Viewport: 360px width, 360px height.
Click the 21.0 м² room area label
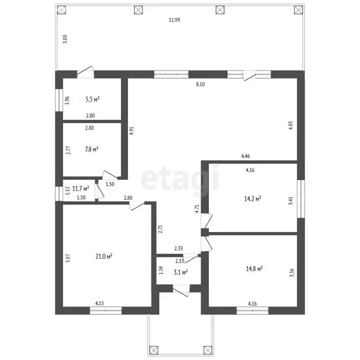click(x=104, y=256)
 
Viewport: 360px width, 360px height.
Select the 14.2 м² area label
click(x=253, y=198)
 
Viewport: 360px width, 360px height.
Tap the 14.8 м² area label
click(x=254, y=269)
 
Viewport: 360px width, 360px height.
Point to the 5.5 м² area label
click(x=92, y=99)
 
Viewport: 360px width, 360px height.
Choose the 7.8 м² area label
click(x=91, y=149)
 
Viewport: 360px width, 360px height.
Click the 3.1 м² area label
click(x=180, y=272)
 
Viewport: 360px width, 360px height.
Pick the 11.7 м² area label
click(x=81, y=189)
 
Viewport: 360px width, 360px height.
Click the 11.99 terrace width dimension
click(x=174, y=20)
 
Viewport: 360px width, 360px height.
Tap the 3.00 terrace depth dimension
click(x=65, y=39)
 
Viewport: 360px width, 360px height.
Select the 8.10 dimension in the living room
click(x=200, y=84)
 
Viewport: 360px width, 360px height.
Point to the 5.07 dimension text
click(x=68, y=258)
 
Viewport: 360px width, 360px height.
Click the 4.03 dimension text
click(x=291, y=126)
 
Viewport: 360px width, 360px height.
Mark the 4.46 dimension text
click(x=246, y=156)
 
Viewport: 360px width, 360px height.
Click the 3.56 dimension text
click(x=292, y=273)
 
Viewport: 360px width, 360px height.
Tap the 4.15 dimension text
click(x=99, y=303)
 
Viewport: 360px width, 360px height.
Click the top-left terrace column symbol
click(x=61, y=10)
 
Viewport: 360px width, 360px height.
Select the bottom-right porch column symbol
click(x=208, y=350)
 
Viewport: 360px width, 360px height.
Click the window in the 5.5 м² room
click(x=59, y=100)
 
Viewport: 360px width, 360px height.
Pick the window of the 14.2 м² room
click(x=301, y=199)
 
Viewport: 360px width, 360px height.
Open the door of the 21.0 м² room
click(x=136, y=205)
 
